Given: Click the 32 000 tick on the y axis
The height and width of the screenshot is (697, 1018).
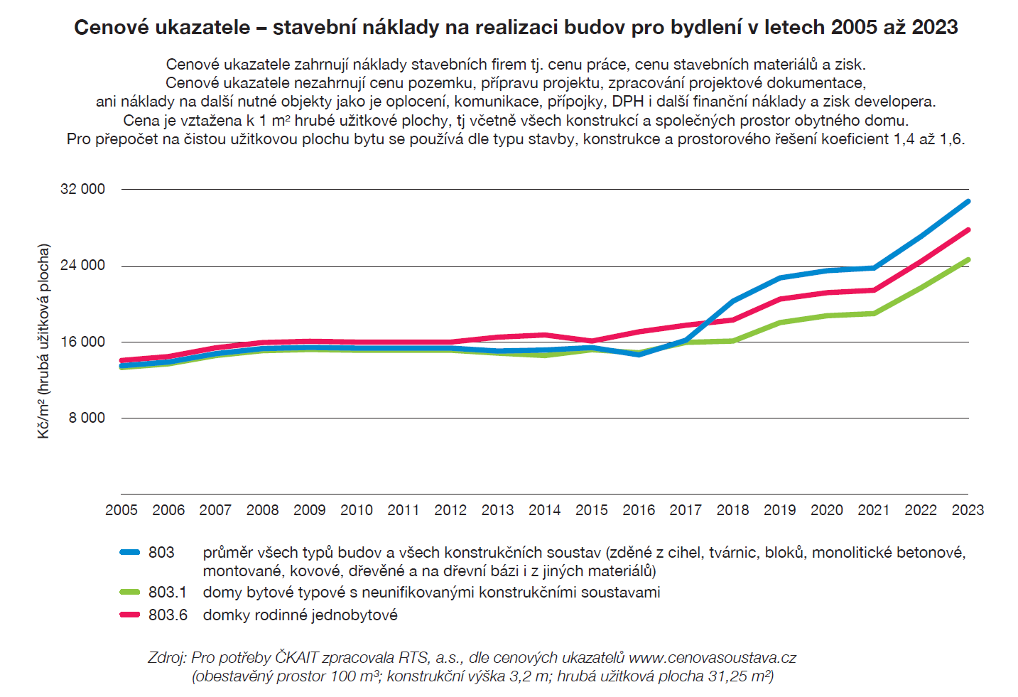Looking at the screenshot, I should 82,189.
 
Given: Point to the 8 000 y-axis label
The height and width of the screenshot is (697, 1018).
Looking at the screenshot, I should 87,418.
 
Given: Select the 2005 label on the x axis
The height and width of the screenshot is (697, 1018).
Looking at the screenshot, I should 121,510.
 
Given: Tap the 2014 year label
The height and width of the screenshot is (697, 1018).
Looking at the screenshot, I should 544,510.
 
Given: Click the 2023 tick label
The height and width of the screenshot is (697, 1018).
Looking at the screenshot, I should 968,510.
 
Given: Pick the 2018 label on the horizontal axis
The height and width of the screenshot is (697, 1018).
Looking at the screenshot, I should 732,510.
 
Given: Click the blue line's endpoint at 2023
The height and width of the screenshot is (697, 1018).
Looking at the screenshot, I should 968,202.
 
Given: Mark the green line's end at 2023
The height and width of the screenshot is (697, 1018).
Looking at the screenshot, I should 968,260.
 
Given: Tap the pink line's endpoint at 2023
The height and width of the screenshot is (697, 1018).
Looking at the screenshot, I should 968,230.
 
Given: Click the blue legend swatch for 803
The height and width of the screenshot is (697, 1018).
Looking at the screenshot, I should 130,552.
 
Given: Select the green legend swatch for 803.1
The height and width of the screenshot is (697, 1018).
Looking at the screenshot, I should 130,592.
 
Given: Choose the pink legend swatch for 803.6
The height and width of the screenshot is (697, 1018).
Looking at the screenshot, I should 130,615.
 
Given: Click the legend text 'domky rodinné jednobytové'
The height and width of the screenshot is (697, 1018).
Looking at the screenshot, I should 300,615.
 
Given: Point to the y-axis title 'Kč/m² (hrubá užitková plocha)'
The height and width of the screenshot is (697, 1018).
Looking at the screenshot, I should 44,341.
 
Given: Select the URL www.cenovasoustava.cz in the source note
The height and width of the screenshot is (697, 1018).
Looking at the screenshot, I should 713,657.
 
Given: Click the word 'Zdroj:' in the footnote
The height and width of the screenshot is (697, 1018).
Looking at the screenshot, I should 167,657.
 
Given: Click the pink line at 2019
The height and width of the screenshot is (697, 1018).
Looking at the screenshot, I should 779,299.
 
